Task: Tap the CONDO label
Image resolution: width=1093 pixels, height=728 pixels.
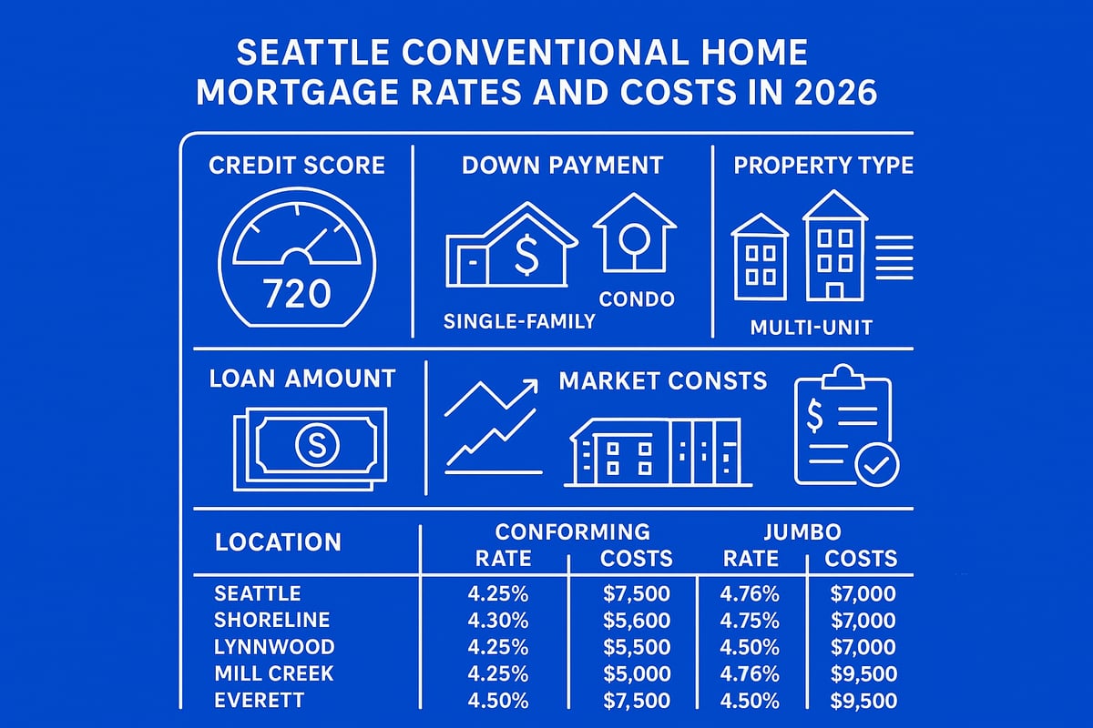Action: click(x=637, y=298)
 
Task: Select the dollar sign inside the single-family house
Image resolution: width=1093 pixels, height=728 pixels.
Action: click(x=526, y=254)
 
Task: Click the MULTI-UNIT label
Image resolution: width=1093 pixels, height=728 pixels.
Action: click(x=811, y=327)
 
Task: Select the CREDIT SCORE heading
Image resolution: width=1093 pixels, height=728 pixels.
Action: click(x=297, y=166)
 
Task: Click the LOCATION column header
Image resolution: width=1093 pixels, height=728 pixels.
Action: click(x=278, y=542)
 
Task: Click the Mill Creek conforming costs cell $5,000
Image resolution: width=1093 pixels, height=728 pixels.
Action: click(x=637, y=674)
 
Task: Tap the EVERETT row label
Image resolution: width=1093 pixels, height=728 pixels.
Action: click(x=259, y=701)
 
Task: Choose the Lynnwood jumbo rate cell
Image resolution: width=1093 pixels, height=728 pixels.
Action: click(x=750, y=647)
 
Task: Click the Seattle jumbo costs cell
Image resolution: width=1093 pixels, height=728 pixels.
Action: click(x=863, y=594)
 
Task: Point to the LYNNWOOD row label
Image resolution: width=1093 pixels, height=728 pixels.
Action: click(x=274, y=647)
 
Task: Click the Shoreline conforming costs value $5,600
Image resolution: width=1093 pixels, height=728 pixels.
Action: click(x=637, y=621)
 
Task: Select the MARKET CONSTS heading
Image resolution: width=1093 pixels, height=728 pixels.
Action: click(x=662, y=380)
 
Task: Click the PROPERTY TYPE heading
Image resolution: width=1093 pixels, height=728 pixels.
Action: click(x=823, y=166)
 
